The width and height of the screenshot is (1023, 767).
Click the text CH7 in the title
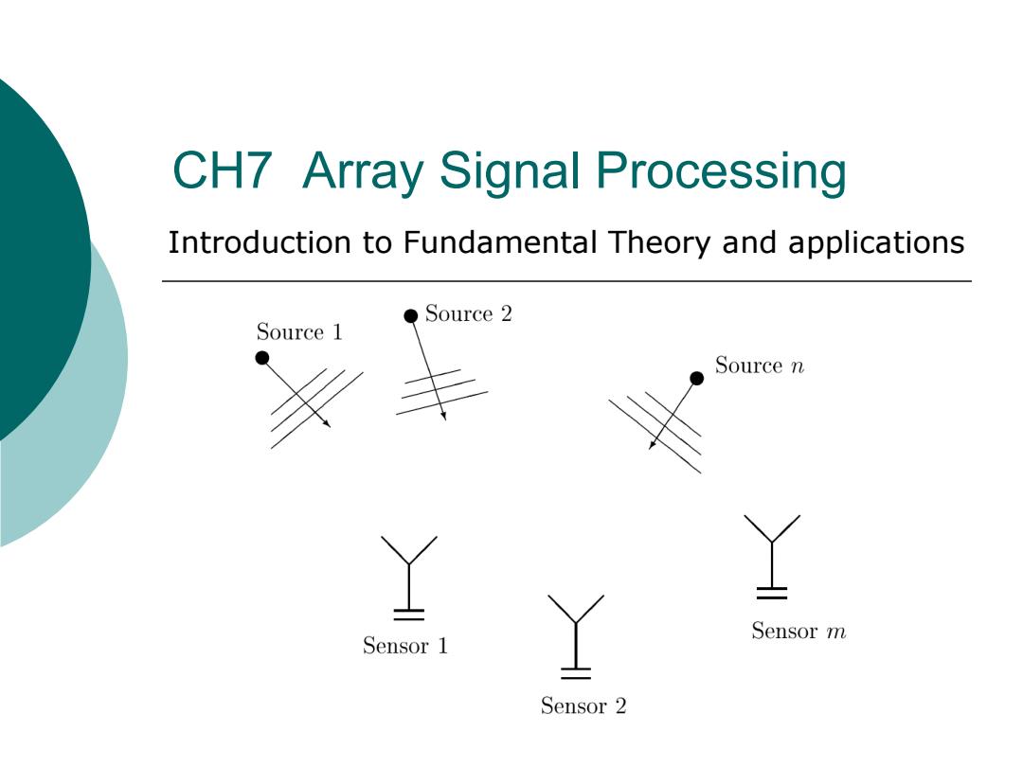coord(222,170)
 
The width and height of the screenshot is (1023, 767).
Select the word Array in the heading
coord(363,173)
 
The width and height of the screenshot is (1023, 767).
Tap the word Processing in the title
coord(721,173)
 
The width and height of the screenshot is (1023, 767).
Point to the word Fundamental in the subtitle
coord(500,242)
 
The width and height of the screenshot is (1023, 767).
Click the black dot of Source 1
coord(262,357)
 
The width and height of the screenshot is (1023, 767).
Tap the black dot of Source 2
coord(410,315)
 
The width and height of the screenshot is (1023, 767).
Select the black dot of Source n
coord(697,378)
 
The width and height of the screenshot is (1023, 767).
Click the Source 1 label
coord(299,332)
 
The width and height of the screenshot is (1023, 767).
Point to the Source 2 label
coord(469,313)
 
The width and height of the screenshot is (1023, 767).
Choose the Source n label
coord(760,366)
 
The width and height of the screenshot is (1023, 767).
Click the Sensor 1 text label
coord(405,646)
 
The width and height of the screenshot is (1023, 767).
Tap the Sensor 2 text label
coord(583,705)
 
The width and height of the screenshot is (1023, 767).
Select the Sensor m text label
coord(799,631)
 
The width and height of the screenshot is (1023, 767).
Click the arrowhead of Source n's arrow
coord(652,445)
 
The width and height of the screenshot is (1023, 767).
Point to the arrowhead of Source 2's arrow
coord(443,416)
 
